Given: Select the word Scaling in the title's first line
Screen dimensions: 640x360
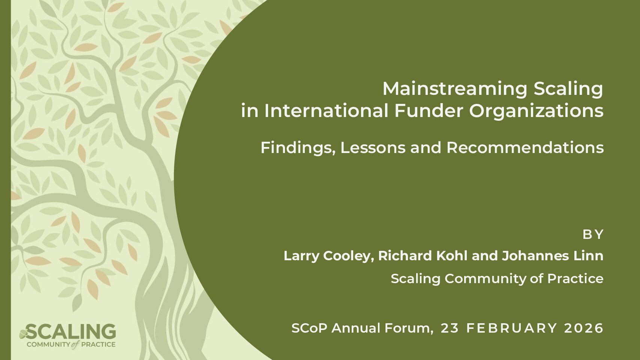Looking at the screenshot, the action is point(568,89).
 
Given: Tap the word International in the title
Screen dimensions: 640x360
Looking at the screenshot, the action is point(326,111).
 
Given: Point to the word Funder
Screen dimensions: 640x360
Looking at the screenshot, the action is point(429,111).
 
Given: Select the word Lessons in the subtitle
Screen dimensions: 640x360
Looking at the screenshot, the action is point(373,148).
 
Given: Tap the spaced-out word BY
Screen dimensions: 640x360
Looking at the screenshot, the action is point(593,235).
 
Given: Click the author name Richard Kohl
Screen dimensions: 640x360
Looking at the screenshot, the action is point(423,256).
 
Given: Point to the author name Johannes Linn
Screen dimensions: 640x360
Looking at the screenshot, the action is point(553,256).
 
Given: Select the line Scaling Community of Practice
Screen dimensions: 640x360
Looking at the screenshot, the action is point(497,279).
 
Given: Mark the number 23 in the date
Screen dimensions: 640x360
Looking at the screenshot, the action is point(450,328).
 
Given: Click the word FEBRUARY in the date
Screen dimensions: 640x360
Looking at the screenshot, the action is point(511,328).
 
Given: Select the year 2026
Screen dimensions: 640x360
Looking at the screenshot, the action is point(584,328).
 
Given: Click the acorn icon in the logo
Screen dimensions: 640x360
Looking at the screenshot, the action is point(23,333).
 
